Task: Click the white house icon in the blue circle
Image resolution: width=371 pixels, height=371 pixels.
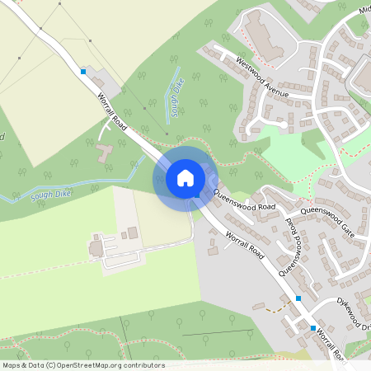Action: click(185, 177)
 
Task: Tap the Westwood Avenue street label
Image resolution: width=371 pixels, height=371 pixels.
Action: click(262, 77)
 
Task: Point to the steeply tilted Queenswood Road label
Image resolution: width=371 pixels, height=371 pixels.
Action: click(289, 247)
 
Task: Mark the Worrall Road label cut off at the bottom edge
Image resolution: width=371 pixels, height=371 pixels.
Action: click(330, 345)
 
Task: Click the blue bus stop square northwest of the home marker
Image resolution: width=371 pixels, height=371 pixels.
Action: click(83, 72)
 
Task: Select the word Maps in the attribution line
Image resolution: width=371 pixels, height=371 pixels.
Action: click(12, 365)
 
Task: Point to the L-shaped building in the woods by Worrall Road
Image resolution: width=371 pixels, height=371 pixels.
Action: click(105, 153)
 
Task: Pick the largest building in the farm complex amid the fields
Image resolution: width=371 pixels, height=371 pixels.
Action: click(96, 247)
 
